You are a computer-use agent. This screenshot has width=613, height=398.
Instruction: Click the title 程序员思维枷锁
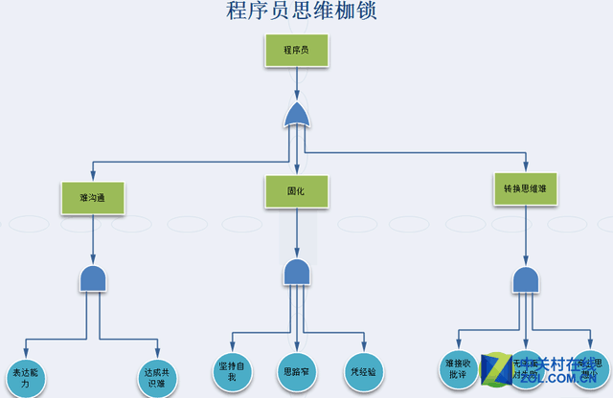point(294,11)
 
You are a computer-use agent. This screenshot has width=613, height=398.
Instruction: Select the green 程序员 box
point(296,51)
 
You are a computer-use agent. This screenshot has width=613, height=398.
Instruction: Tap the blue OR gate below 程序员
point(297,116)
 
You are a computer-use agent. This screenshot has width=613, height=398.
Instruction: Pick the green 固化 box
point(296,191)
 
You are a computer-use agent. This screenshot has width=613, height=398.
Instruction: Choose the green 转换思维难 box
point(525,188)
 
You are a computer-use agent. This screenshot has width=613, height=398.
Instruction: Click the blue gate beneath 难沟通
point(93,278)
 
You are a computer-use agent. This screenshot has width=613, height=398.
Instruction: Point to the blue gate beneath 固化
point(297,272)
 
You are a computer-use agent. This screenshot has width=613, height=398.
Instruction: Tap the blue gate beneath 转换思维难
point(525,279)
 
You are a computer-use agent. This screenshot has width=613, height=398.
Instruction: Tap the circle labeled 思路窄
point(297,370)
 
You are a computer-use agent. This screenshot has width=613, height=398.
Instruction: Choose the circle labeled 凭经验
point(363,370)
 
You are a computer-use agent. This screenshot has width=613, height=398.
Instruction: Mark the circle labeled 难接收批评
point(459,370)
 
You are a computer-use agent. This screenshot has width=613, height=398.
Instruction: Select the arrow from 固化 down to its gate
point(297,233)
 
